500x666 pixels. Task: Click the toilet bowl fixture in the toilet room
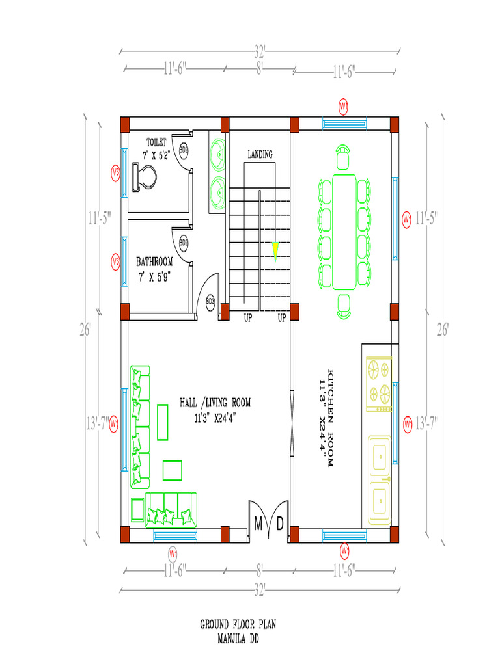pos(145,177)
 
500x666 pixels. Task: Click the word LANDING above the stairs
pos(260,154)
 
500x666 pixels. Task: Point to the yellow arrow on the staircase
pos(275,250)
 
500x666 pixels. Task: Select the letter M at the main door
pos(258,524)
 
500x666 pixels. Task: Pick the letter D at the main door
pos(279,524)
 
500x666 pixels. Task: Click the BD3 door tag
pos(210,301)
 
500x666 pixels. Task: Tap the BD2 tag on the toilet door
pos(184,151)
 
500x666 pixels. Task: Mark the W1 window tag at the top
pos(344,105)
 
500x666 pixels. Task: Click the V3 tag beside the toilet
pos(116,172)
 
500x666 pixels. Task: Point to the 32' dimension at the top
pos(260,50)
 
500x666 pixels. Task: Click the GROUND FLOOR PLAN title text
pos(238,624)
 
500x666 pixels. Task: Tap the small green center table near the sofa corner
pos(173,469)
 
